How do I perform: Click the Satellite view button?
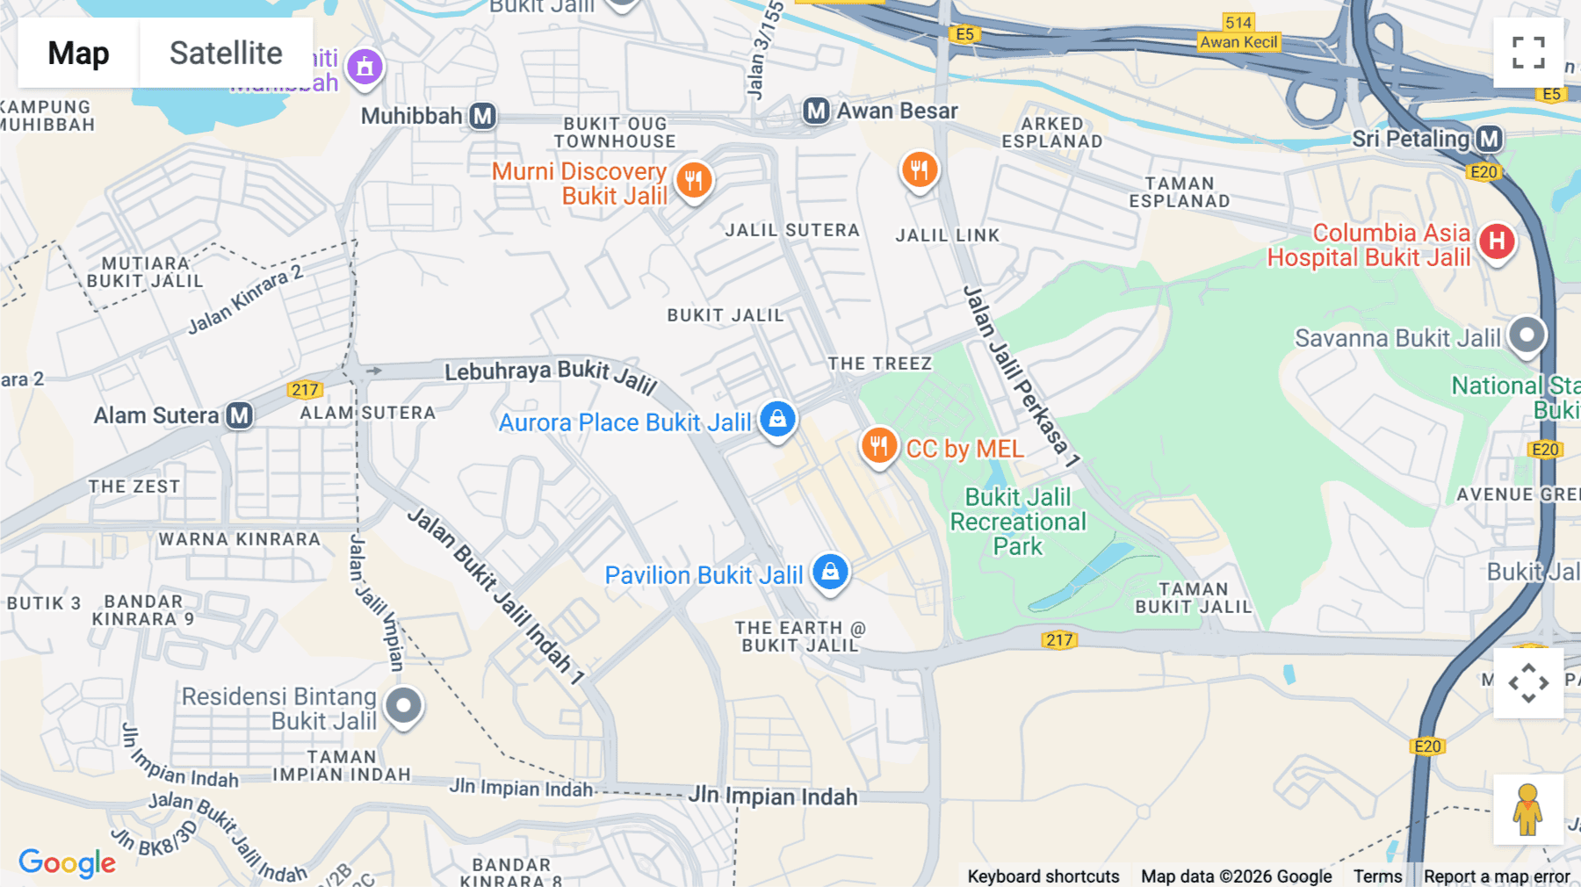tap(226, 54)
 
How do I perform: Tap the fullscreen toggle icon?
tap(1528, 53)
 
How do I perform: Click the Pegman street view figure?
tap(1527, 810)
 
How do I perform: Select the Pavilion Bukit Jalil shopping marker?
tap(830, 573)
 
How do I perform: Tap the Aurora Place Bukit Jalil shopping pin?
tap(777, 420)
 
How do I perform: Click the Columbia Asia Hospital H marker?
tap(1497, 242)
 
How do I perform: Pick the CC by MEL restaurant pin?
tap(878, 446)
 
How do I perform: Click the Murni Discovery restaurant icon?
tap(694, 182)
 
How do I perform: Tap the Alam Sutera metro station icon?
tap(239, 415)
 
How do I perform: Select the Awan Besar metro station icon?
tap(816, 111)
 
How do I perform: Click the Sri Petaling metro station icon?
tap(1489, 139)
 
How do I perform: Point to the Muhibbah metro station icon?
tap(482, 116)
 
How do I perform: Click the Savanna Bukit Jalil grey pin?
tap(1527, 335)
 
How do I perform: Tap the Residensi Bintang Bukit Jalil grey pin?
tap(404, 706)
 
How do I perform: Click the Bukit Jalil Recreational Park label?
tap(1017, 522)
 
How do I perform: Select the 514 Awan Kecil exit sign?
tap(1238, 32)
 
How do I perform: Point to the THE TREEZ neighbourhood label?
tap(879, 364)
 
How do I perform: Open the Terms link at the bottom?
tap(1377, 876)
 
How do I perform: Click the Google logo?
tap(68, 862)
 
